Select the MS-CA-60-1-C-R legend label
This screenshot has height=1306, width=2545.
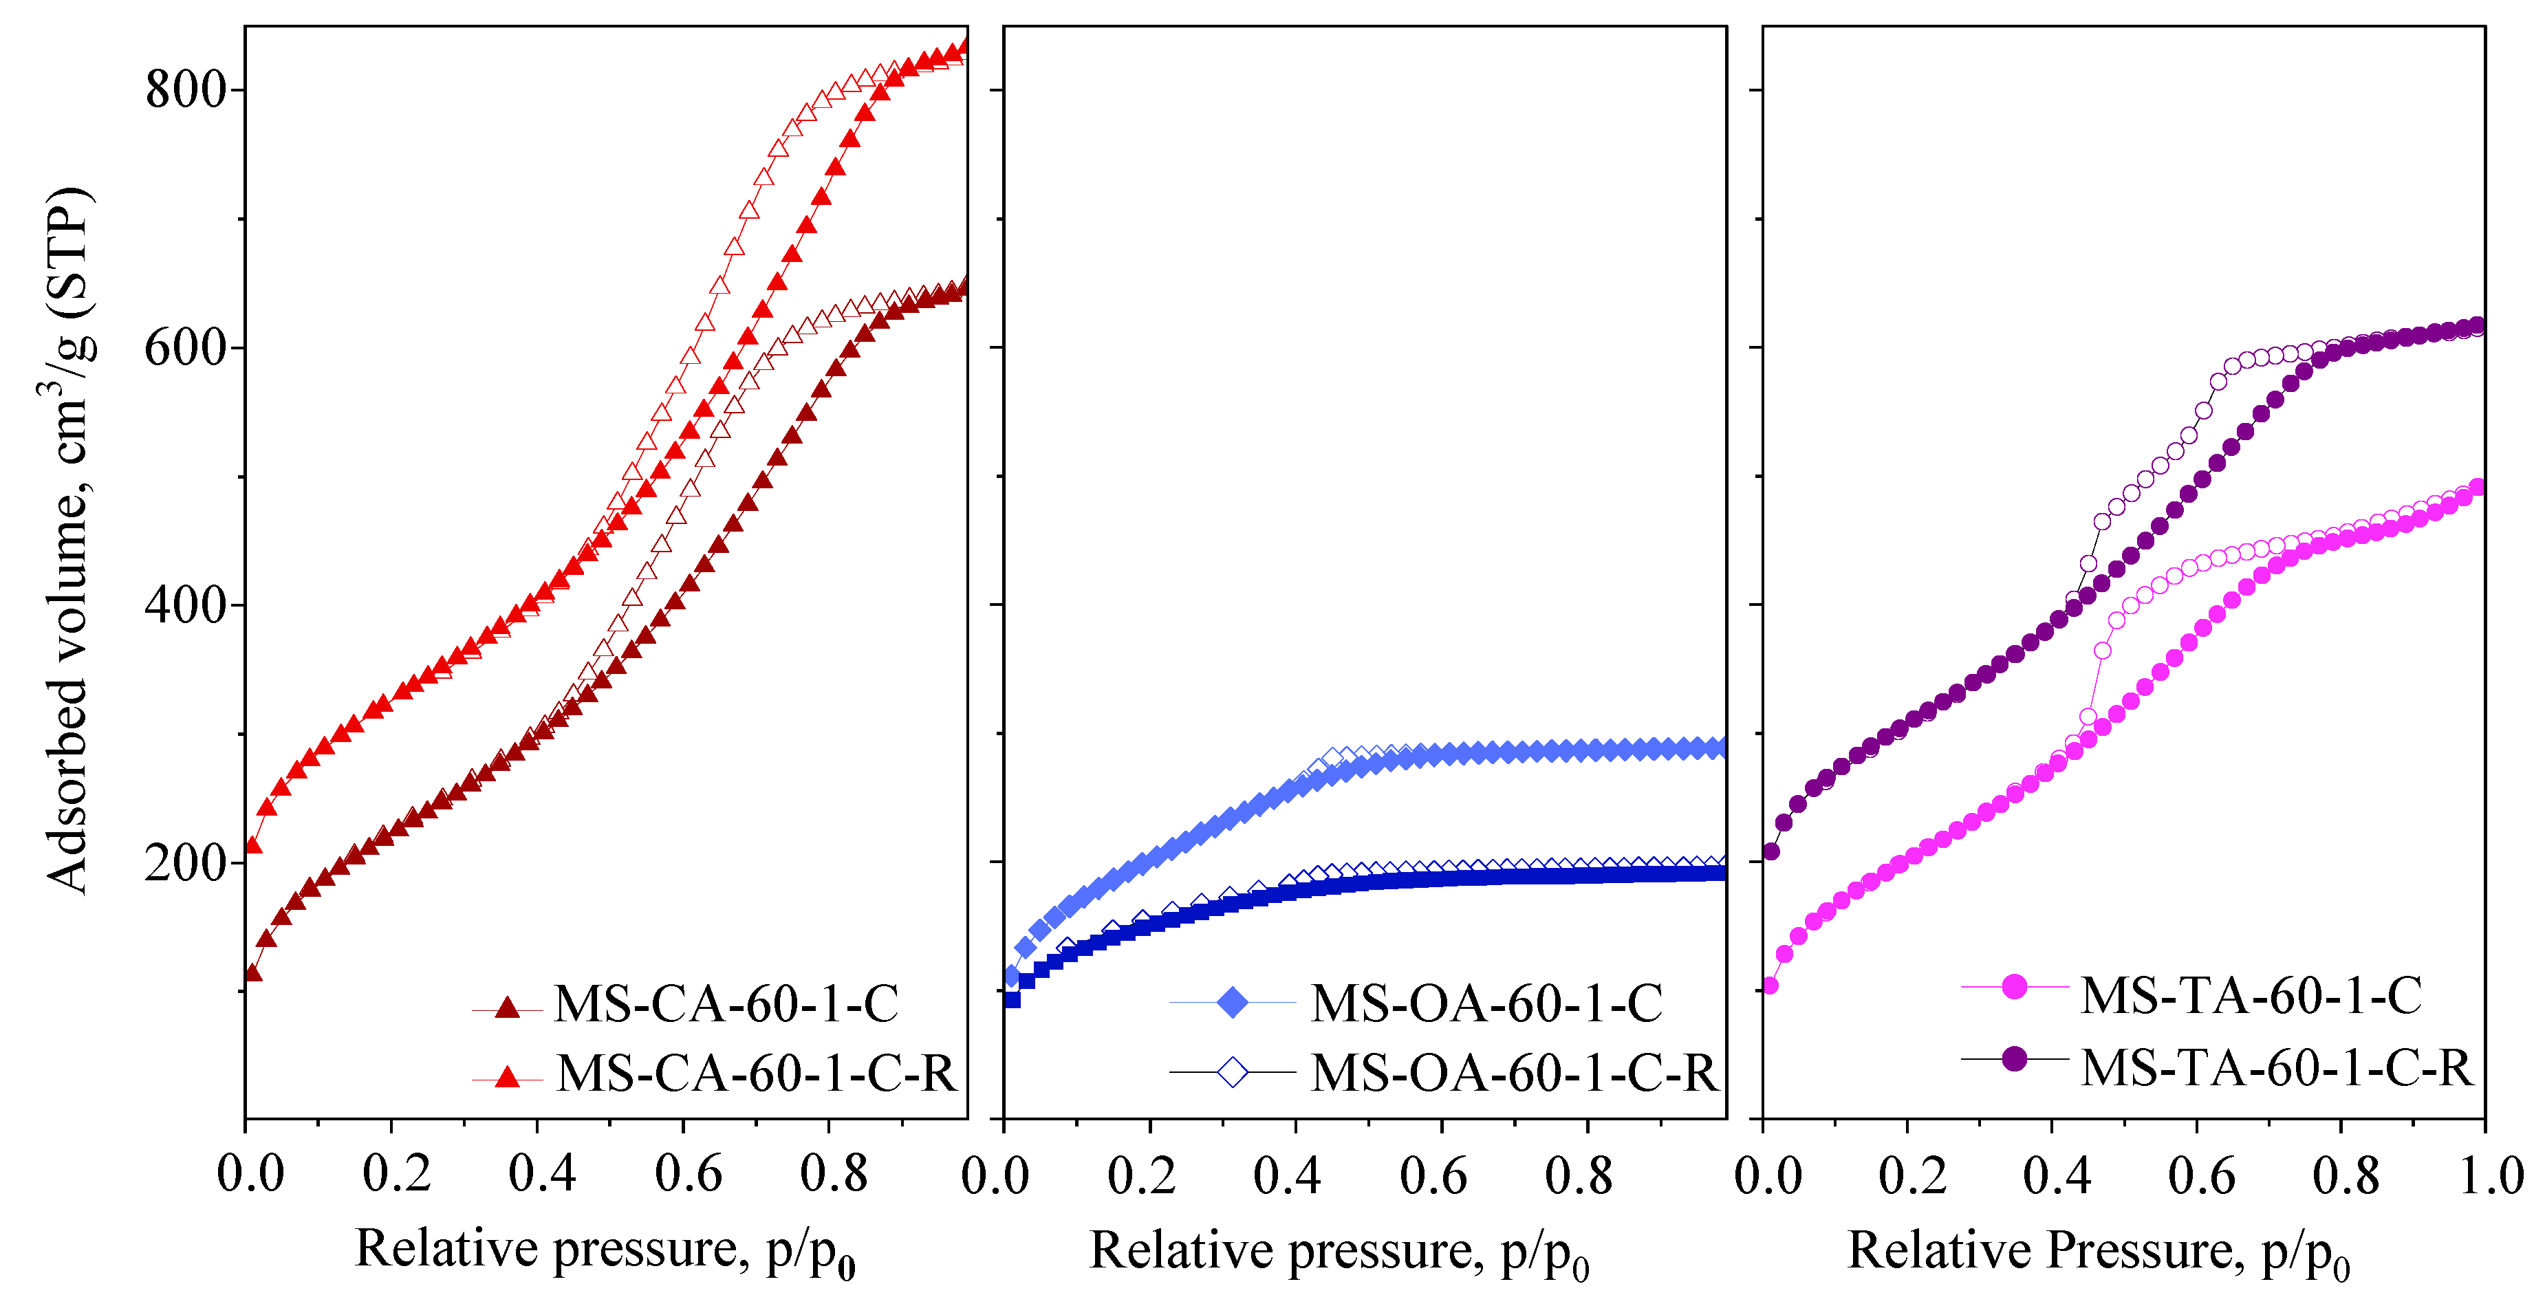[756, 1073]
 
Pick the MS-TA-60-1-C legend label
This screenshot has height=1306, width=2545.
[2251, 995]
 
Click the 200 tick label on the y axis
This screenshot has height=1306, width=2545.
[186, 862]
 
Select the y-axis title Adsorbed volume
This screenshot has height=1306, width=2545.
[69, 538]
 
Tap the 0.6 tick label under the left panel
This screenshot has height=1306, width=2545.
[688, 1174]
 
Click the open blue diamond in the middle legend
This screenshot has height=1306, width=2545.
[1233, 1072]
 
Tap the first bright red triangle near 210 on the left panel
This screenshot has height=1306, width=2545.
[253, 846]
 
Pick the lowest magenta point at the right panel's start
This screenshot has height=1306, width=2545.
[1769, 985]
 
